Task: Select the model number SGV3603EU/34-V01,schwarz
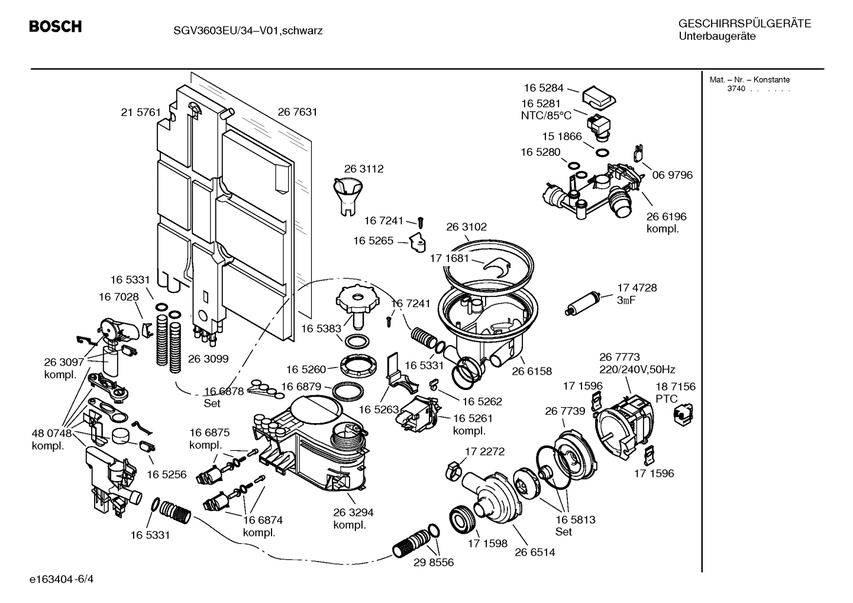(x=240, y=31)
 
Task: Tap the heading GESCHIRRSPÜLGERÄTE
(x=744, y=24)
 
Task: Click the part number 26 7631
(x=298, y=112)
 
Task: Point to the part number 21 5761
(x=141, y=112)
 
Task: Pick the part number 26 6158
(x=531, y=371)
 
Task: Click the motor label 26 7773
(x=619, y=357)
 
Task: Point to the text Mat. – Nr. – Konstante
(x=749, y=80)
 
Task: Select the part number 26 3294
(x=353, y=512)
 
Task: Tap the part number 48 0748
(x=51, y=433)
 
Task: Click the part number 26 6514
(x=535, y=552)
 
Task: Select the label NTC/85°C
(x=546, y=115)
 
